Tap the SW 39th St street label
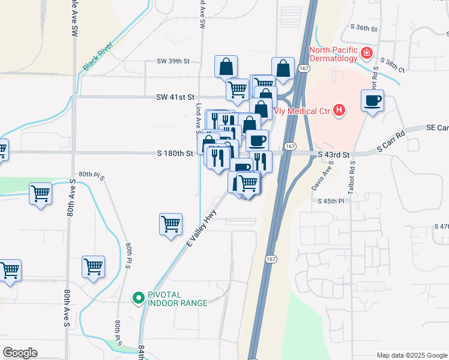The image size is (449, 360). click(x=173, y=61)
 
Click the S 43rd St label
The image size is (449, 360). click(x=334, y=155)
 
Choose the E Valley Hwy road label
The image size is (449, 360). click(x=201, y=232)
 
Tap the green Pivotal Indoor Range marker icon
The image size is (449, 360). click(x=137, y=297)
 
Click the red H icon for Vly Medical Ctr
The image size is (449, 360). click(x=340, y=110)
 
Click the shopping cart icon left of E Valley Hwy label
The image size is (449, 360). click(x=171, y=224)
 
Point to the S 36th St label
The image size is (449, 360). click(x=364, y=28)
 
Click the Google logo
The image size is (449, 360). click(x=20, y=353)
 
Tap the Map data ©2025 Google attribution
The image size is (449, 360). click(x=412, y=355)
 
